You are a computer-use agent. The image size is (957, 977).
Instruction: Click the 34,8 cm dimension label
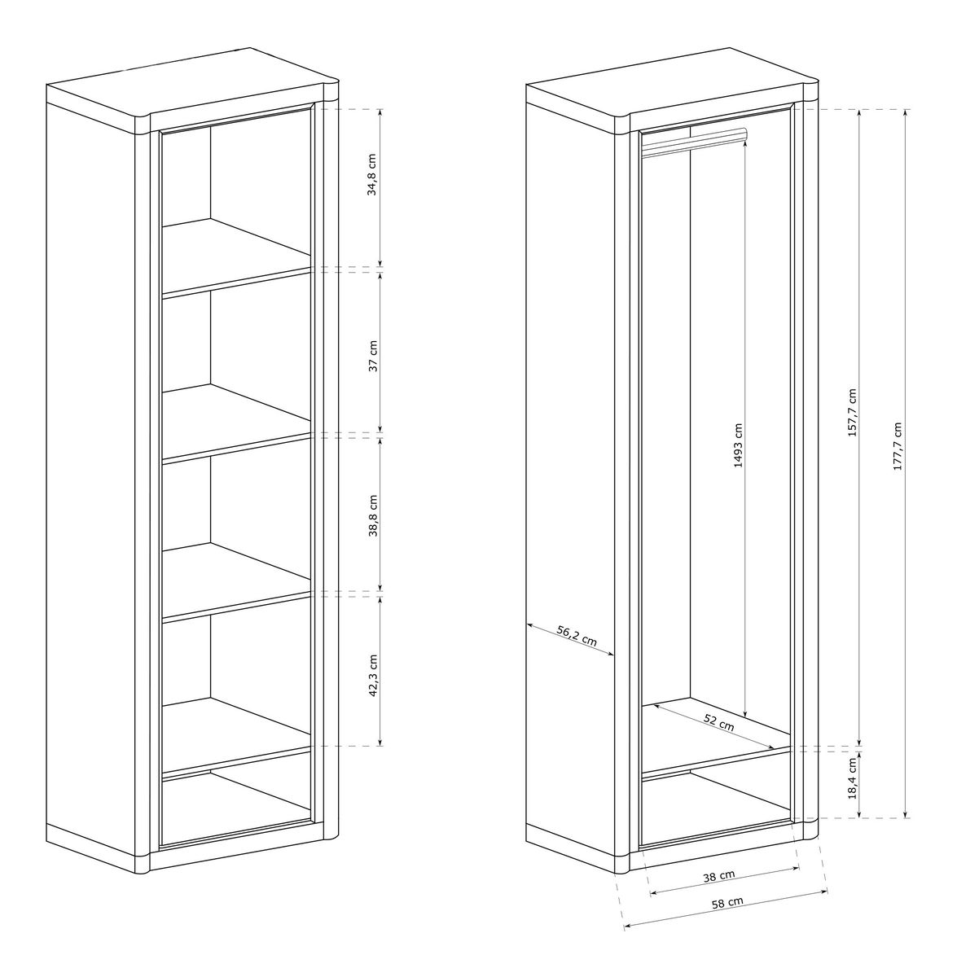coord(372,174)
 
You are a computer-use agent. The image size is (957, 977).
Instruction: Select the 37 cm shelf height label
coord(373,356)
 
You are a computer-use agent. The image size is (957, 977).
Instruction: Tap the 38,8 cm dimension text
coord(373,515)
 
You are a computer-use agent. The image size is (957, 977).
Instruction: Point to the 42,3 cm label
coord(373,675)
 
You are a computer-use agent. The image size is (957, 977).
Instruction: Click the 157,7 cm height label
coord(852,413)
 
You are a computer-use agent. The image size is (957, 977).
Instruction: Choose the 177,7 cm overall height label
coord(898,446)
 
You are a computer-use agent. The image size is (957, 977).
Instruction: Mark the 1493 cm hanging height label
coord(738,445)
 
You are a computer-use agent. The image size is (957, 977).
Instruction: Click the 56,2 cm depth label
coord(577,636)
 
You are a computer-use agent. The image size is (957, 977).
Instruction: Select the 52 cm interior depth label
coord(719,722)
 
